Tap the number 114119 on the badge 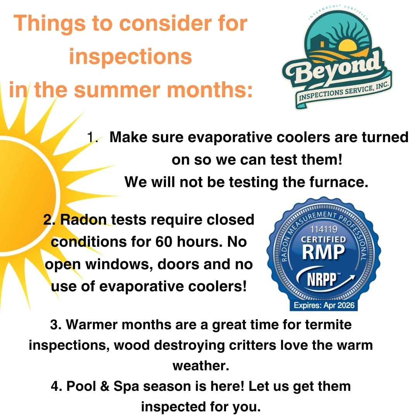[x=324, y=229]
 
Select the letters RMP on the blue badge [x=324, y=252]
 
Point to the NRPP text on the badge [x=322, y=279]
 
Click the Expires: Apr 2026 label [x=324, y=305]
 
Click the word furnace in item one [x=339, y=182]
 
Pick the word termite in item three [x=328, y=325]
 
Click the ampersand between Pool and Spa [x=105, y=387]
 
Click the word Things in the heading [x=49, y=24]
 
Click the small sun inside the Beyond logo [x=347, y=44]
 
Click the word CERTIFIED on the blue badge [x=324, y=239]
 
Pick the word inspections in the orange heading [x=130, y=57]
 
